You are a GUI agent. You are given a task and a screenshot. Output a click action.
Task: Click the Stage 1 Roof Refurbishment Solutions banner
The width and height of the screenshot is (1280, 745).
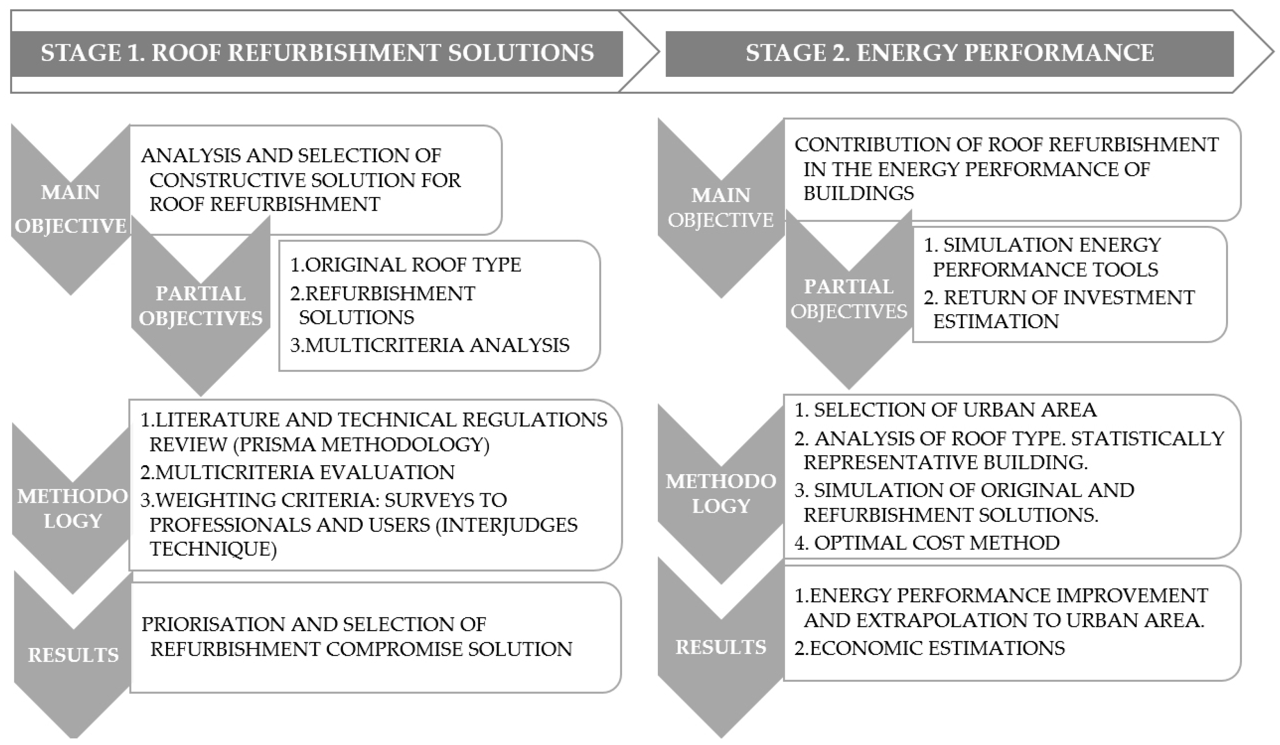tap(317, 53)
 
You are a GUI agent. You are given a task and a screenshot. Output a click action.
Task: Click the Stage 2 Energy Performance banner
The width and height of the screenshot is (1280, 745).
tap(949, 53)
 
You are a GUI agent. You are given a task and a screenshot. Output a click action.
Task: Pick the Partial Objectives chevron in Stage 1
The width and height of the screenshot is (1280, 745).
tap(201, 306)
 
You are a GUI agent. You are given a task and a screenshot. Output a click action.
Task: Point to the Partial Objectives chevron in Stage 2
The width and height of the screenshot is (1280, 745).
tap(848, 300)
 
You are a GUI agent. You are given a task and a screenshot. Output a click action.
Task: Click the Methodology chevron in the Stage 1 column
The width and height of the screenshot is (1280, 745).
tap(72, 508)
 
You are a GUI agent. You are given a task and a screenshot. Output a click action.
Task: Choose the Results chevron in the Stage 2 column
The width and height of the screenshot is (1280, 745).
tap(720, 648)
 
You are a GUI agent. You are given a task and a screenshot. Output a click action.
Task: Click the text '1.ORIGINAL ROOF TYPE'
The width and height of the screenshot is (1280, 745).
tap(405, 265)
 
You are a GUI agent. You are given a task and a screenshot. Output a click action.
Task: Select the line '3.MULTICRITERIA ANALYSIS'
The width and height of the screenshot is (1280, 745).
tap(430, 345)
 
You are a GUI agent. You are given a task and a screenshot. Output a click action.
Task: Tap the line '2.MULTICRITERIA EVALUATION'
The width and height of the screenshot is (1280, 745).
tap(298, 472)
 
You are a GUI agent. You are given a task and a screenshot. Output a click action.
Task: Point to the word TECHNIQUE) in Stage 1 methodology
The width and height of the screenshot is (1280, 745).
tap(213, 549)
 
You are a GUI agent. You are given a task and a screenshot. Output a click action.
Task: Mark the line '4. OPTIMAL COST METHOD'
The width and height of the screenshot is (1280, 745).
tap(927, 543)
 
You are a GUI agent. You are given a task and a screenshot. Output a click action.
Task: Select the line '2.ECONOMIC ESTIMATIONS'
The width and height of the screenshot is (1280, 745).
tap(930, 648)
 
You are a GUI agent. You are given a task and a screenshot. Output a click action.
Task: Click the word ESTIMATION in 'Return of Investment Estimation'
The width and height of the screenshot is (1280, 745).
tap(996, 321)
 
